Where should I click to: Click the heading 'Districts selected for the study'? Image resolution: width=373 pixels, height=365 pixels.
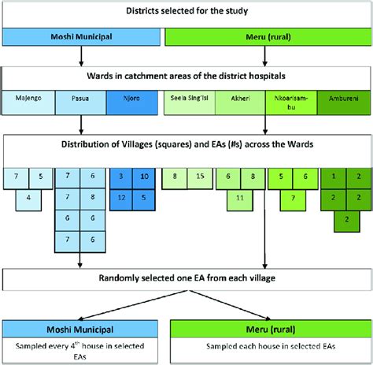coord(186,10)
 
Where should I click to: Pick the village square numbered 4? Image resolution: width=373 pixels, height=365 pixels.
coord(28,196)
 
